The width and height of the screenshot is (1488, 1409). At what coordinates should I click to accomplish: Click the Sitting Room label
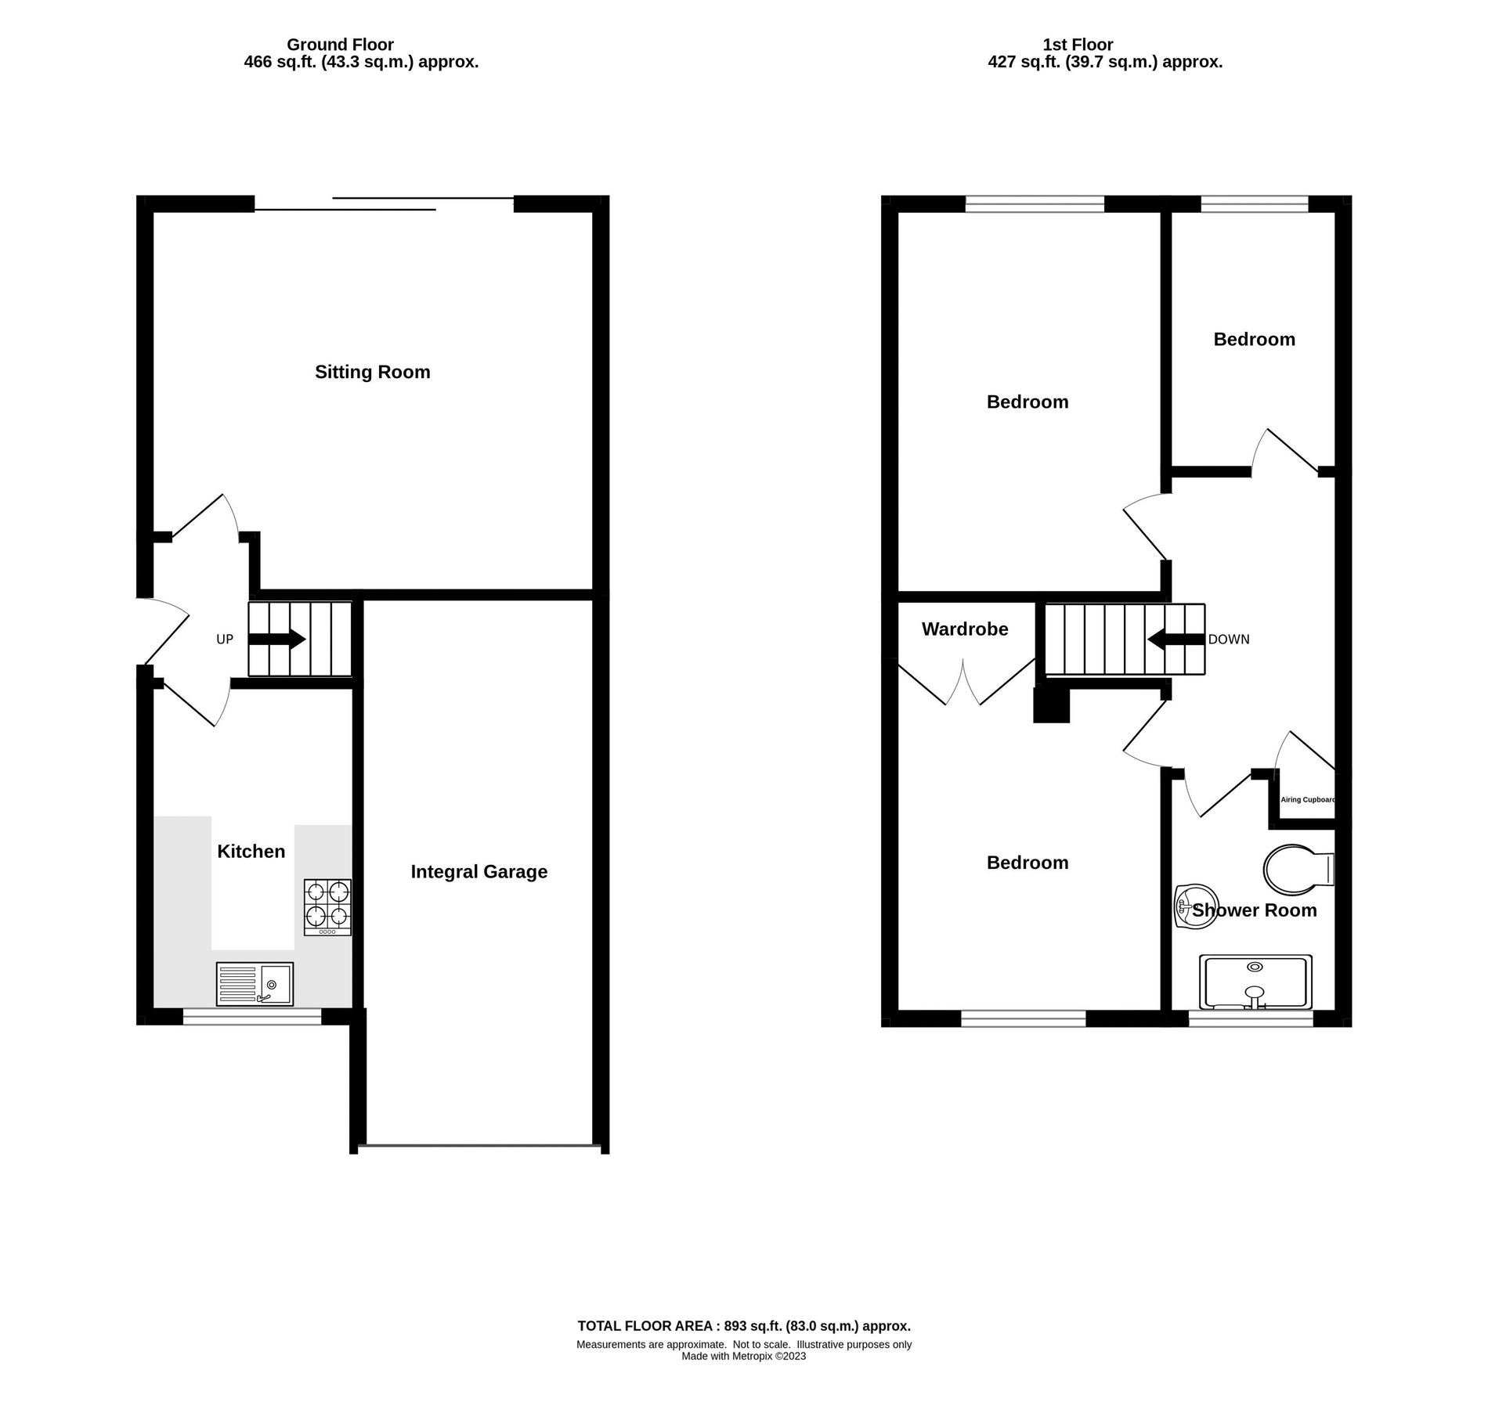pyautogui.click(x=372, y=373)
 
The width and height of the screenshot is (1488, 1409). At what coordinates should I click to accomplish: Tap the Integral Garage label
pyautogui.click(x=479, y=872)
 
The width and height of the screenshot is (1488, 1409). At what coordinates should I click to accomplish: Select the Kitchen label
pyautogui.click(x=251, y=852)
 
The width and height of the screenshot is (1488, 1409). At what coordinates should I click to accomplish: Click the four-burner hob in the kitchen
pyautogui.click(x=327, y=907)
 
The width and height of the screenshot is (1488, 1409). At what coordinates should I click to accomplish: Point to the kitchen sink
pyautogui.click(x=255, y=984)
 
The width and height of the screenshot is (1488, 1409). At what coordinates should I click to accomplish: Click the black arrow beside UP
pyautogui.click(x=277, y=639)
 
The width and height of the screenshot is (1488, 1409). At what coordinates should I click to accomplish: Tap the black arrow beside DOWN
pyautogui.click(x=1176, y=639)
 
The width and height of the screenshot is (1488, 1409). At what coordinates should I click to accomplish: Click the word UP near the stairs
pyautogui.click(x=225, y=640)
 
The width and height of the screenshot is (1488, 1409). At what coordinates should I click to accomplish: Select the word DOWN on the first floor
pyautogui.click(x=1229, y=640)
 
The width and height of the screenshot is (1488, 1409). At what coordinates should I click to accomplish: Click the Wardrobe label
pyautogui.click(x=964, y=629)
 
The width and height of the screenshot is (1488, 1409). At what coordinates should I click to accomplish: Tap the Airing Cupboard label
pyautogui.click(x=1307, y=800)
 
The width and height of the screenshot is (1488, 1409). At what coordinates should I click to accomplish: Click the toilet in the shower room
pyautogui.click(x=1297, y=870)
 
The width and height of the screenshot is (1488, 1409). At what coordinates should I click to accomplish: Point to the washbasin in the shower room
pyautogui.click(x=1195, y=907)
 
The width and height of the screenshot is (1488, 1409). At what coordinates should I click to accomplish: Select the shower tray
pyautogui.click(x=1255, y=982)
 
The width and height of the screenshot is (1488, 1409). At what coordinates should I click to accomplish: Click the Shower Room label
pyautogui.click(x=1255, y=911)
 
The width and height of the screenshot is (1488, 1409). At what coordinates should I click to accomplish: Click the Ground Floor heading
pyautogui.click(x=340, y=45)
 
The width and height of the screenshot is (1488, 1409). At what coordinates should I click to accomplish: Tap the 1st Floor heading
pyautogui.click(x=1078, y=45)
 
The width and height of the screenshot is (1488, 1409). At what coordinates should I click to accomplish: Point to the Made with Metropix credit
pyautogui.click(x=743, y=1357)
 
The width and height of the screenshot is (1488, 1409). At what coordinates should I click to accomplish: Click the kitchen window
pyautogui.click(x=252, y=1017)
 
